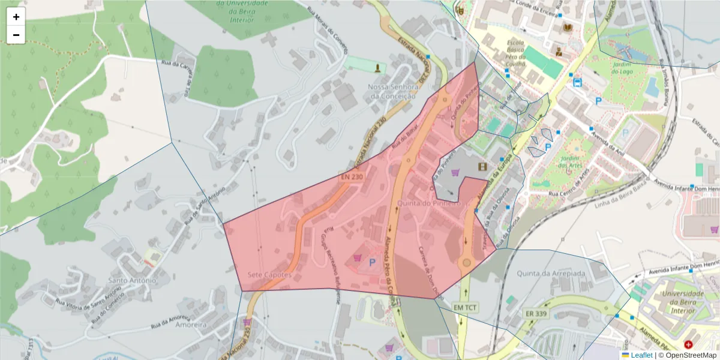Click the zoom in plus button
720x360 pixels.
(16, 17)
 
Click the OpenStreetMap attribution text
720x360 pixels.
(687, 355)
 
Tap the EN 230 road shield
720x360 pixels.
(352, 177)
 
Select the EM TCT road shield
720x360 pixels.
(466, 307)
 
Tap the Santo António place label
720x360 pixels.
(131, 280)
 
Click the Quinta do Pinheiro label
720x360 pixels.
(437, 203)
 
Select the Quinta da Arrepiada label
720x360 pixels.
(555, 273)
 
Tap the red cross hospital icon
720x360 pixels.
(688, 345)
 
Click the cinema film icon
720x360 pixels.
(482, 166)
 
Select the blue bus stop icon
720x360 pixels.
(577, 82)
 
